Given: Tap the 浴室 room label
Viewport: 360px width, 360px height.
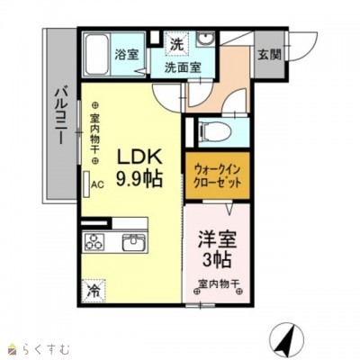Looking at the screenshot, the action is click(x=127, y=54).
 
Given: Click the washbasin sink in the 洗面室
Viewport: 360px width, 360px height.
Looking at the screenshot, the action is click(x=205, y=39).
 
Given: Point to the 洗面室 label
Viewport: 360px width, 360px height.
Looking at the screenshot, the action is click(x=183, y=67).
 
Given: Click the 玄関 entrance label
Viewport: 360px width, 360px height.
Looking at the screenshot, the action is click(x=270, y=55).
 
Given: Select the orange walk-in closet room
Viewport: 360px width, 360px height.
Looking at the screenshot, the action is click(x=218, y=175).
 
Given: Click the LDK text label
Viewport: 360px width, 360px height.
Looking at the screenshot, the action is click(x=139, y=157).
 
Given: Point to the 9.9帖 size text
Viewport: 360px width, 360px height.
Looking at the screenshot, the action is click(x=139, y=178).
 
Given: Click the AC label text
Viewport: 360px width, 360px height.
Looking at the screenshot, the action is click(x=97, y=184).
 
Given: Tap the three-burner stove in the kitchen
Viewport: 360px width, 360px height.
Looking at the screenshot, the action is click(x=94, y=242).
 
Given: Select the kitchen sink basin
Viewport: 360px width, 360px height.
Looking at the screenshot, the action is click(x=134, y=242).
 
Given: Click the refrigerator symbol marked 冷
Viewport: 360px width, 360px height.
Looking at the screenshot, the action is click(x=94, y=291).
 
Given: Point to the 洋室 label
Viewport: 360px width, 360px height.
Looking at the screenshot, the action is click(x=217, y=238).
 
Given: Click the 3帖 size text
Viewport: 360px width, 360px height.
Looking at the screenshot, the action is click(x=217, y=260).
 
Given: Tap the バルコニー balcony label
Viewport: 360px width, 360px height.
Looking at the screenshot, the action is click(x=61, y=116).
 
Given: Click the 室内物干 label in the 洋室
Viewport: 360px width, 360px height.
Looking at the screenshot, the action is click(x=219, y=283).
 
